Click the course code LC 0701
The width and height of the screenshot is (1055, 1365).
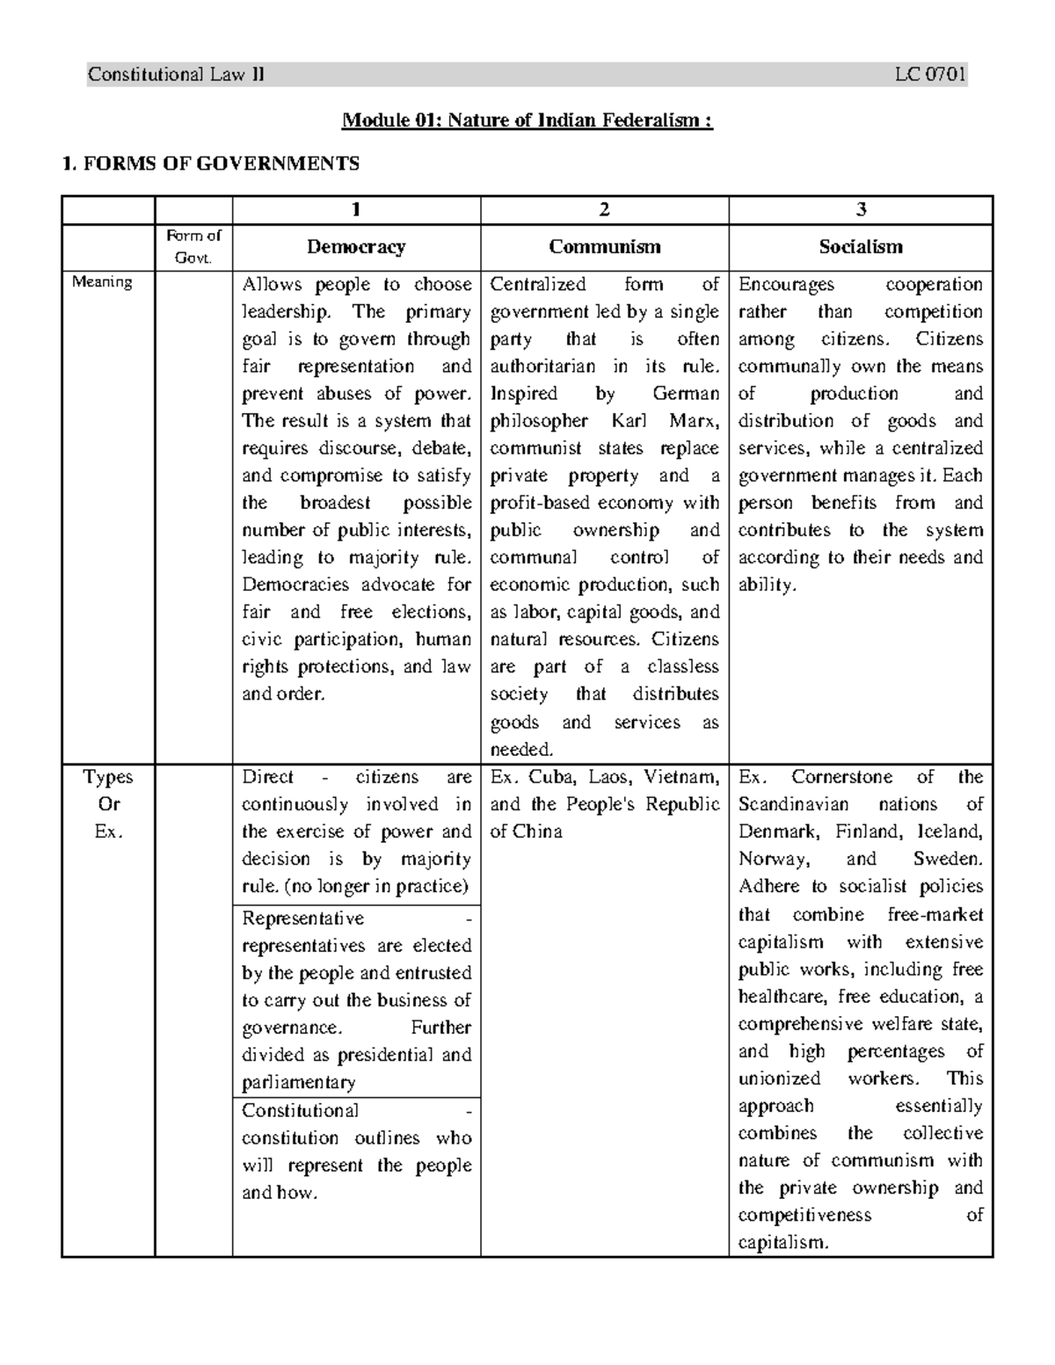point(930,75)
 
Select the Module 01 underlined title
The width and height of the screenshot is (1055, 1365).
point(527,120)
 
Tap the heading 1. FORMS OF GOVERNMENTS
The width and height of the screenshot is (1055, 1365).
point(207,163)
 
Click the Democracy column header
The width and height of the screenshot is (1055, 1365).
point(356,247)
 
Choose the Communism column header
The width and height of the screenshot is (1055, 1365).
point(604,247)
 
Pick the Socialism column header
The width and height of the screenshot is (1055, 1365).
point(860,247)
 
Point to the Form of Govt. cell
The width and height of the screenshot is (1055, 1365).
point(193,247)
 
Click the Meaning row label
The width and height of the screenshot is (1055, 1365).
point(102,282)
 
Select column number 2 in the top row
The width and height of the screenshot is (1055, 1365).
point(604,209)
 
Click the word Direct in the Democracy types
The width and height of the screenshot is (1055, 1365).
point(267,777)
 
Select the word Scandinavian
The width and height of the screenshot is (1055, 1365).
point(793,804)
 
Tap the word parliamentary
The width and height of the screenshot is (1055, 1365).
point(298,1083)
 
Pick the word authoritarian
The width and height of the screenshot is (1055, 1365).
point(542,367)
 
